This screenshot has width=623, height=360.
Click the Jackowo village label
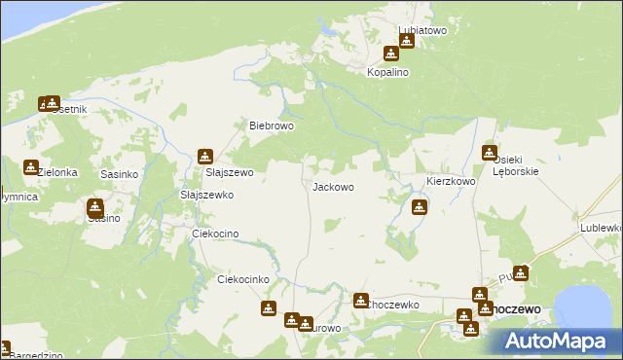coord(332,186)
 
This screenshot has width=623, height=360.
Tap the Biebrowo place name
coord(272,126)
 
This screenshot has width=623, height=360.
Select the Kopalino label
coord(386,72)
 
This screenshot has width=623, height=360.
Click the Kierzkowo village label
coord(451,182)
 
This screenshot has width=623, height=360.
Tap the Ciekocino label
coord(215,234)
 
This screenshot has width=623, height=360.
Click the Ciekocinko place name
coord(242,279)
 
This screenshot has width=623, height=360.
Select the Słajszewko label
coord(207,195)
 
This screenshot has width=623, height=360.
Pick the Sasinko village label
coord(120,173)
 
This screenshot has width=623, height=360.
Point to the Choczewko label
coord(392,305)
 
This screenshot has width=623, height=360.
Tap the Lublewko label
coord(601,227)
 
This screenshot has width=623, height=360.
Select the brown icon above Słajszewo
coord(204,156)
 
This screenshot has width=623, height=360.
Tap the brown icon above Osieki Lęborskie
coord(490,152)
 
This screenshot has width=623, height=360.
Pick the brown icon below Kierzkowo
coord(419,205)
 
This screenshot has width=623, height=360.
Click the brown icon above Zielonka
coord(31,167)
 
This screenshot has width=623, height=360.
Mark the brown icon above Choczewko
coord(360,301)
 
